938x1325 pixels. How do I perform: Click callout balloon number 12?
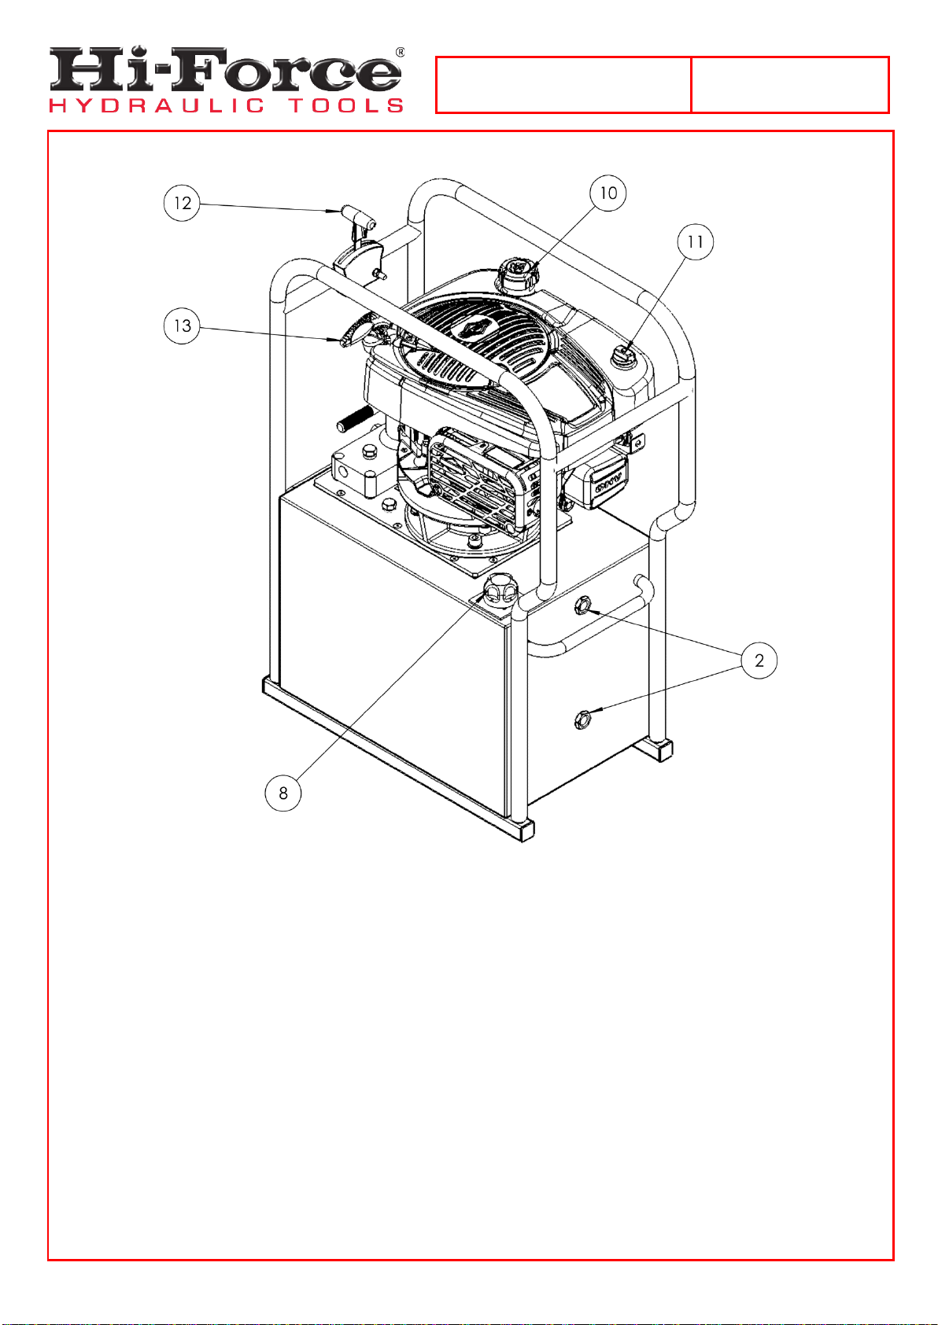(x=182, y=203)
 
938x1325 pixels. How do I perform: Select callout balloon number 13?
(x=182, y=326)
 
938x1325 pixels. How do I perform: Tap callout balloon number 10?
(x=607, y=193)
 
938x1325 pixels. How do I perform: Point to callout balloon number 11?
(x=695, y=242)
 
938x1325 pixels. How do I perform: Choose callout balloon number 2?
(x=759, y=660)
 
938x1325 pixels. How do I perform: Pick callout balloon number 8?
(x=283, y=793)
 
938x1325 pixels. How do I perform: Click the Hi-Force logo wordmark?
(x=225, y=70)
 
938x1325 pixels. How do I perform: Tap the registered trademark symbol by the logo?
(x=400, y=52)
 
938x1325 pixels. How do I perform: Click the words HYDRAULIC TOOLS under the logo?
(x=226, y=106)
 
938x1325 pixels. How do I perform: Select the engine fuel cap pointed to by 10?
(x=516, y=274)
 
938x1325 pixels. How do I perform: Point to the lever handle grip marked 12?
(x=357, y=216)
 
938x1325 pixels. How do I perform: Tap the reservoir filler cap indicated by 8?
(x=500, y=589)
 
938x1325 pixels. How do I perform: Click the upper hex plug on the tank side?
(x=582, y=605)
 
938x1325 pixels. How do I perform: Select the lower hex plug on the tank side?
(x=582, y=720)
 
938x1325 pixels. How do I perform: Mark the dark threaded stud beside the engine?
(x=354, y=419)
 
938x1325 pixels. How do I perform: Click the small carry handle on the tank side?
(x=592, y=618)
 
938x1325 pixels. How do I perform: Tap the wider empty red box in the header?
(x=563, y=85)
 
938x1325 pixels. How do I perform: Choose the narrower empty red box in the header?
(x=790, y=85)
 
